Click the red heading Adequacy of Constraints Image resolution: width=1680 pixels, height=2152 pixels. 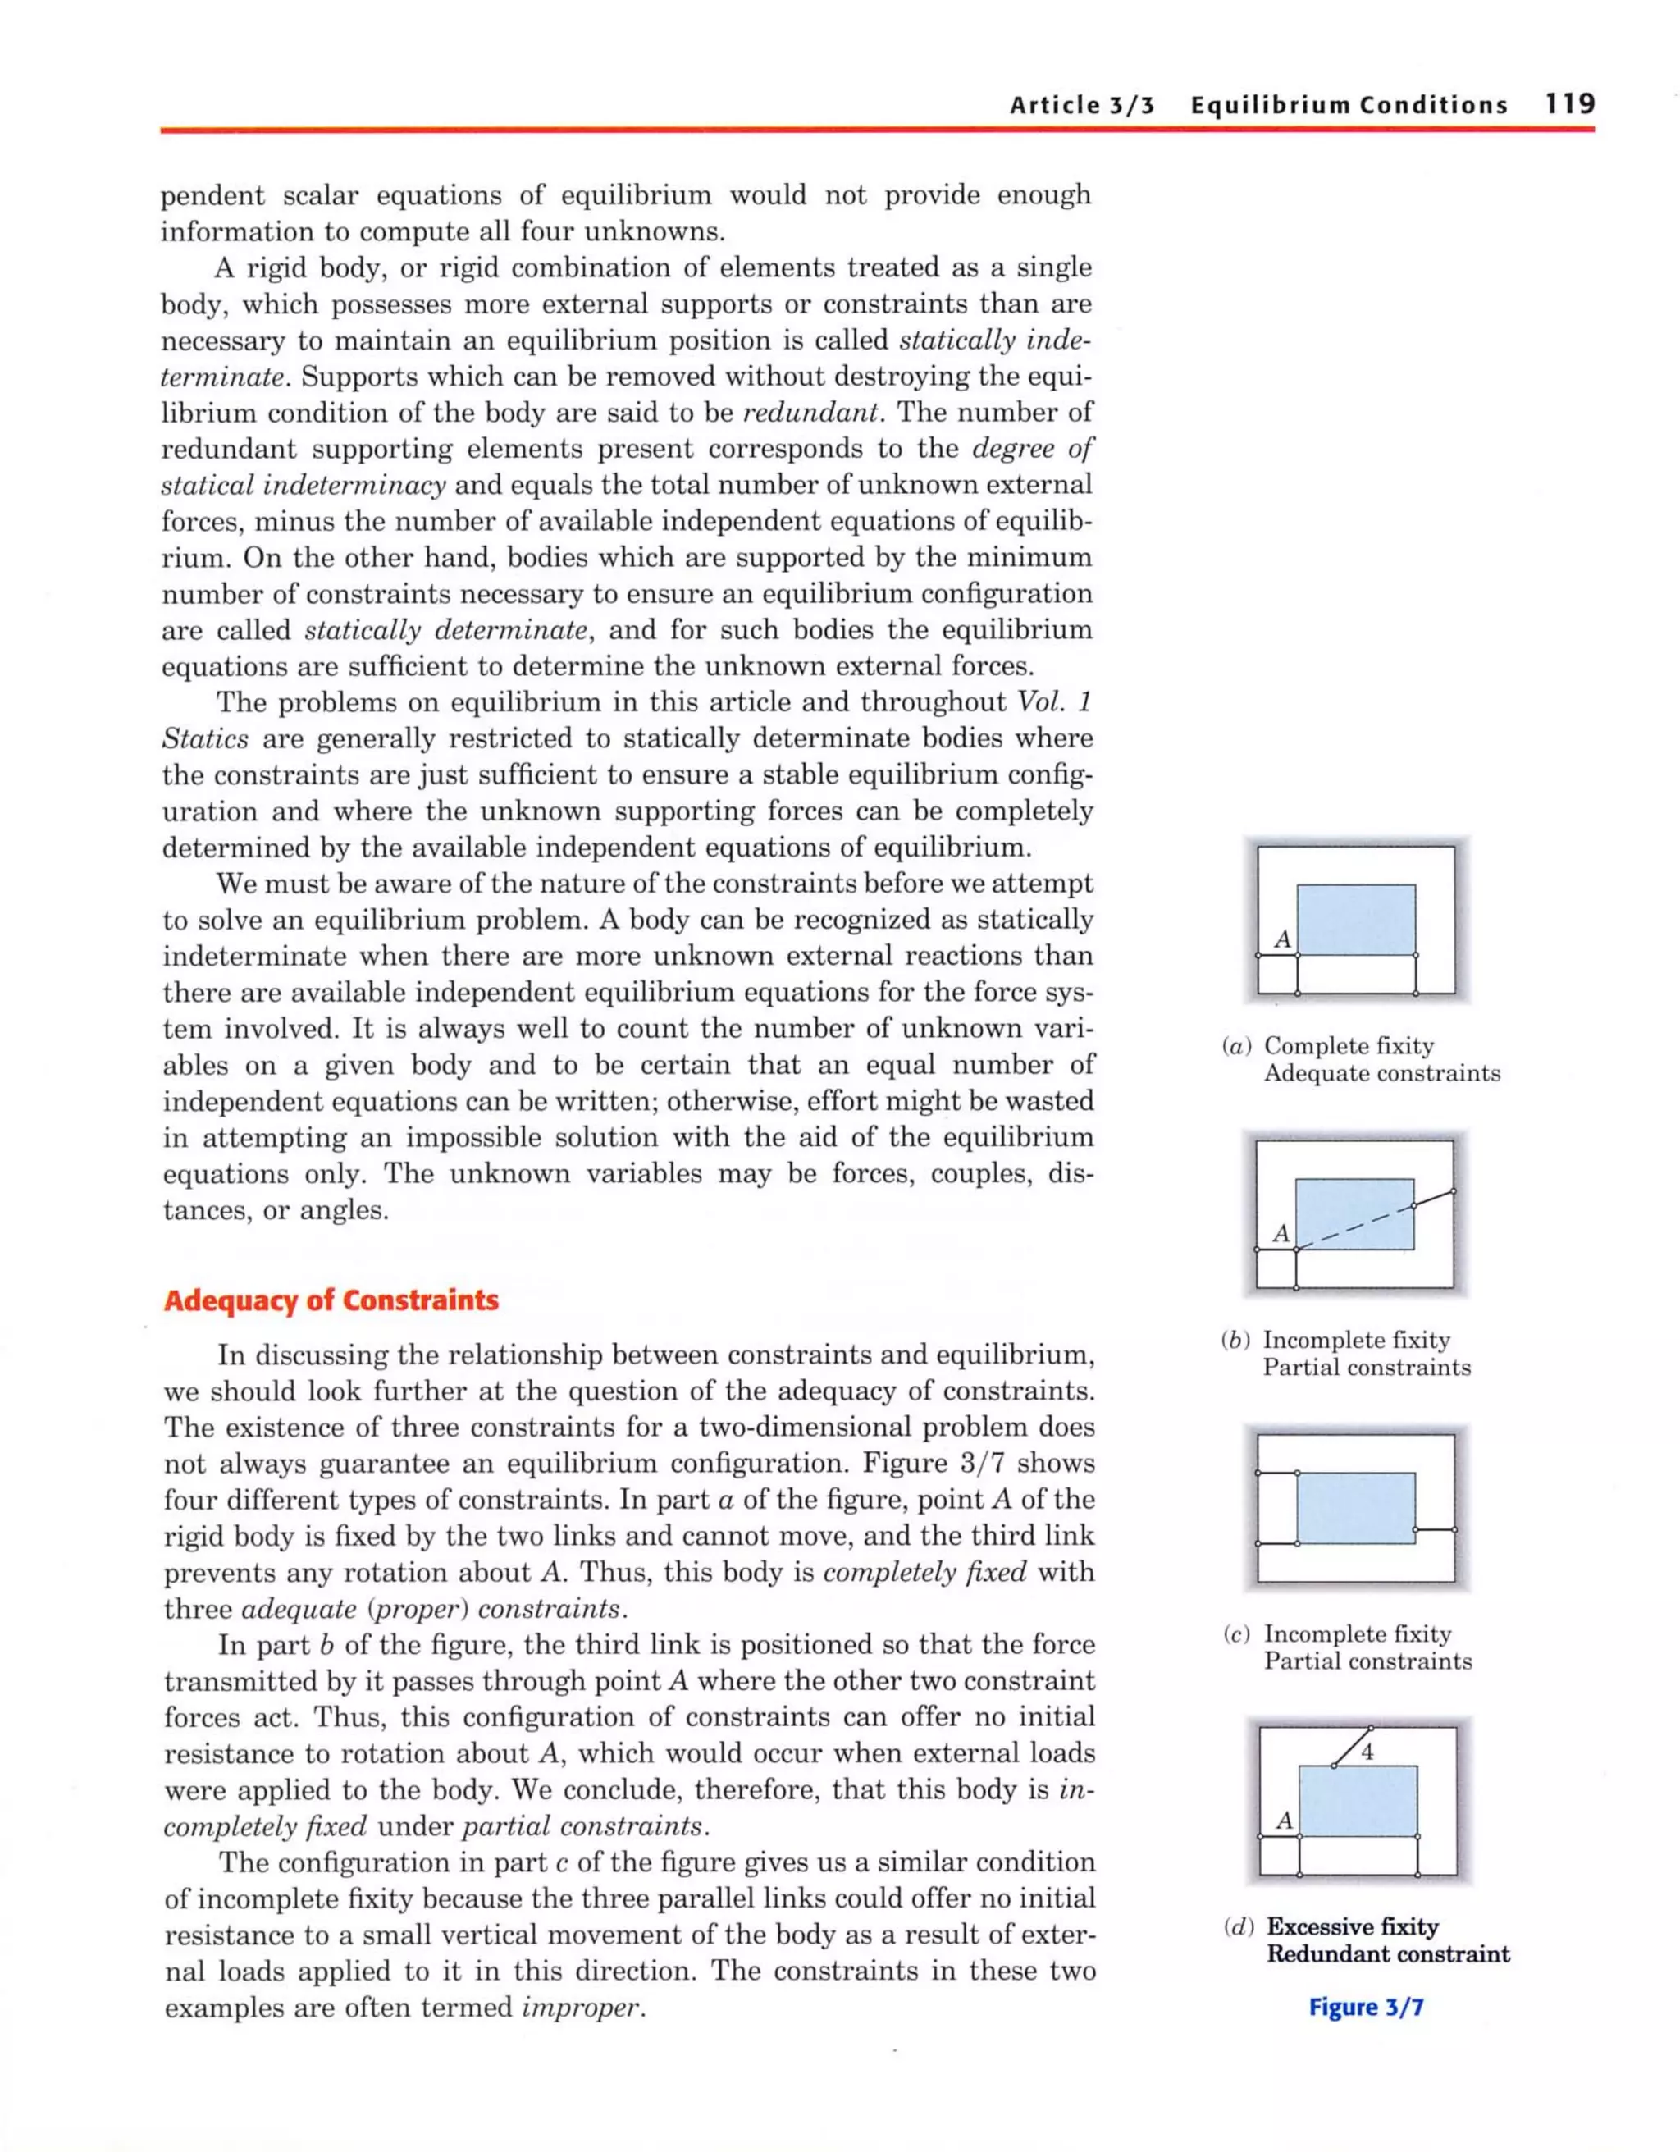[x=331, y=1300]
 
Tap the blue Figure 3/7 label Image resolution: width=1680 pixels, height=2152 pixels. [x=1366, y=2007]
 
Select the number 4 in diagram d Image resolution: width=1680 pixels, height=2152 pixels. [x=1367, y=1752]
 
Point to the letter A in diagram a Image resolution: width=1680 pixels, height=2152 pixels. [x=1282, y=939]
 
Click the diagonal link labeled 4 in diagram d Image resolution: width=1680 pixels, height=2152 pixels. [x=1352, y=1746]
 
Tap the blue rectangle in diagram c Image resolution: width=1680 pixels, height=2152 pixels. [x=1356, y=1508]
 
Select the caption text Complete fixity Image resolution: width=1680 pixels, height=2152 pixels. [x=1349, y=1045]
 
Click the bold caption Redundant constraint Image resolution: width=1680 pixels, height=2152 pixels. [x=1387, y=1954]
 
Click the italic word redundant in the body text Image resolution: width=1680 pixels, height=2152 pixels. [x=807, y=413]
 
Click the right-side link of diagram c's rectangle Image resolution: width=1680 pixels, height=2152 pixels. [x=1435, y=1529]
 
